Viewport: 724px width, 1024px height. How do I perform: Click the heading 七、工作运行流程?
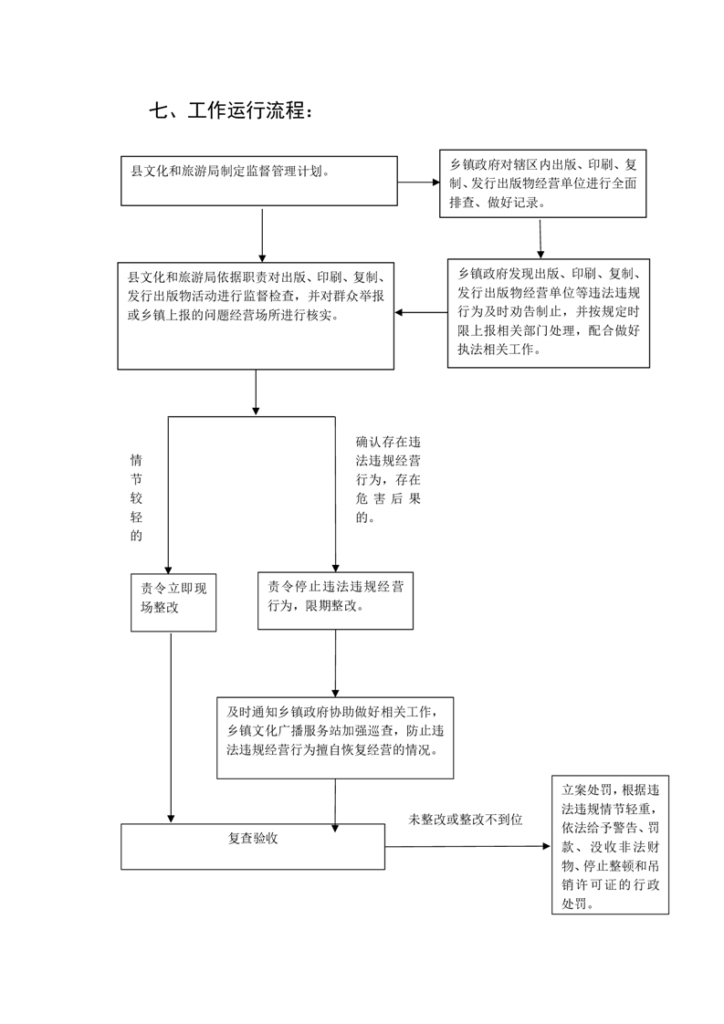[231, 110]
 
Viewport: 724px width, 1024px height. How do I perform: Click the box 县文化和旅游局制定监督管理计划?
[258, 181]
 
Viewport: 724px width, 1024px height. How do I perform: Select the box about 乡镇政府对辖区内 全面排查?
[542, 183]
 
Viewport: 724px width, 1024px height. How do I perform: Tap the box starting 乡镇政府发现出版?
[548, 313]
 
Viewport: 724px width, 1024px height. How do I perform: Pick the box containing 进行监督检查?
[256, 316]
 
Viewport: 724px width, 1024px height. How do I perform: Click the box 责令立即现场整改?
[173, 602]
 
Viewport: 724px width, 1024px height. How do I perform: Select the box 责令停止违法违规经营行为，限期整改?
[335, 601]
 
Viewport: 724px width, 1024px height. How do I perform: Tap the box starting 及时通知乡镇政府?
[335, 738]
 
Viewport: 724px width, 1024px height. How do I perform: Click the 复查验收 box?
[253, 846]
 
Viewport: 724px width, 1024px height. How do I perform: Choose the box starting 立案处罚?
[610, 845]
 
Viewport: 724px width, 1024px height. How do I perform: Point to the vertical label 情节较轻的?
[136, 497]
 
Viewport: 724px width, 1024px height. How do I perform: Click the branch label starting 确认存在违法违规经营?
[388, 479]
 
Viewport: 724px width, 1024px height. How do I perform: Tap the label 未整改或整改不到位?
[466, 819]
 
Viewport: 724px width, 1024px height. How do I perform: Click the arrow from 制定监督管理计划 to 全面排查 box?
[418, 183]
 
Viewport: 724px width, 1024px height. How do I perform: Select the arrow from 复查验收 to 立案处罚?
[467, 846]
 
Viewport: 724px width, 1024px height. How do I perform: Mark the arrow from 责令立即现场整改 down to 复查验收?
[172, 727]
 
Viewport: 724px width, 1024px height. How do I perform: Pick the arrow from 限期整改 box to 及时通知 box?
[336, 664]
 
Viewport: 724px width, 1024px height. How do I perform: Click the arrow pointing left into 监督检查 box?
[421, 313]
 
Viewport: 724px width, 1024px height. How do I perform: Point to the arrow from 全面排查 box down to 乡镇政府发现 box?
[540, 238]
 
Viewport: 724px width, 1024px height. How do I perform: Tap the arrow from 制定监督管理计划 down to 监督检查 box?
[262, 235]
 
